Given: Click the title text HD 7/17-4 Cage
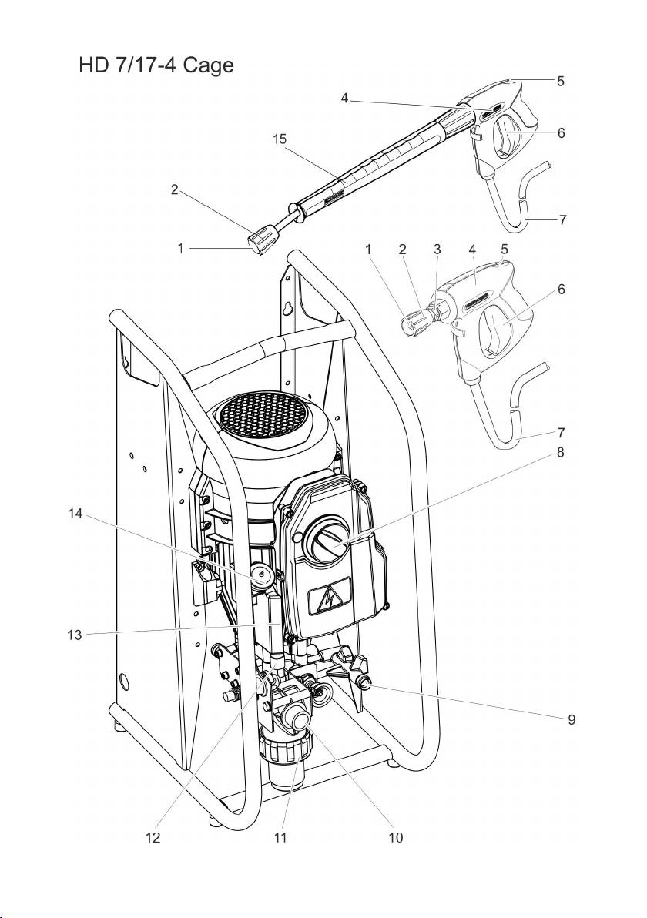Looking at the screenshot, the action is click(x=156, y=65).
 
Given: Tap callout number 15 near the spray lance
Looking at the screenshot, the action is click(x=280, y=139).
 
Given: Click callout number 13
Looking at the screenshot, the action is click(x=75, y=635).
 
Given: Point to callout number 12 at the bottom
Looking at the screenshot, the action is click(x=153, y=838).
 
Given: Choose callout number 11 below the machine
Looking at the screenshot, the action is click(x=280, y=838).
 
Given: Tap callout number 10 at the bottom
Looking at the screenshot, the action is click(x=396, y=838).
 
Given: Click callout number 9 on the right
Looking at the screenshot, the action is click(x=572, y=719).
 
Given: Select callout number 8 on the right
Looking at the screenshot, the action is click(x=560, y=453).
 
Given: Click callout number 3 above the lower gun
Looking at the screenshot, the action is click(x=437, y=249).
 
